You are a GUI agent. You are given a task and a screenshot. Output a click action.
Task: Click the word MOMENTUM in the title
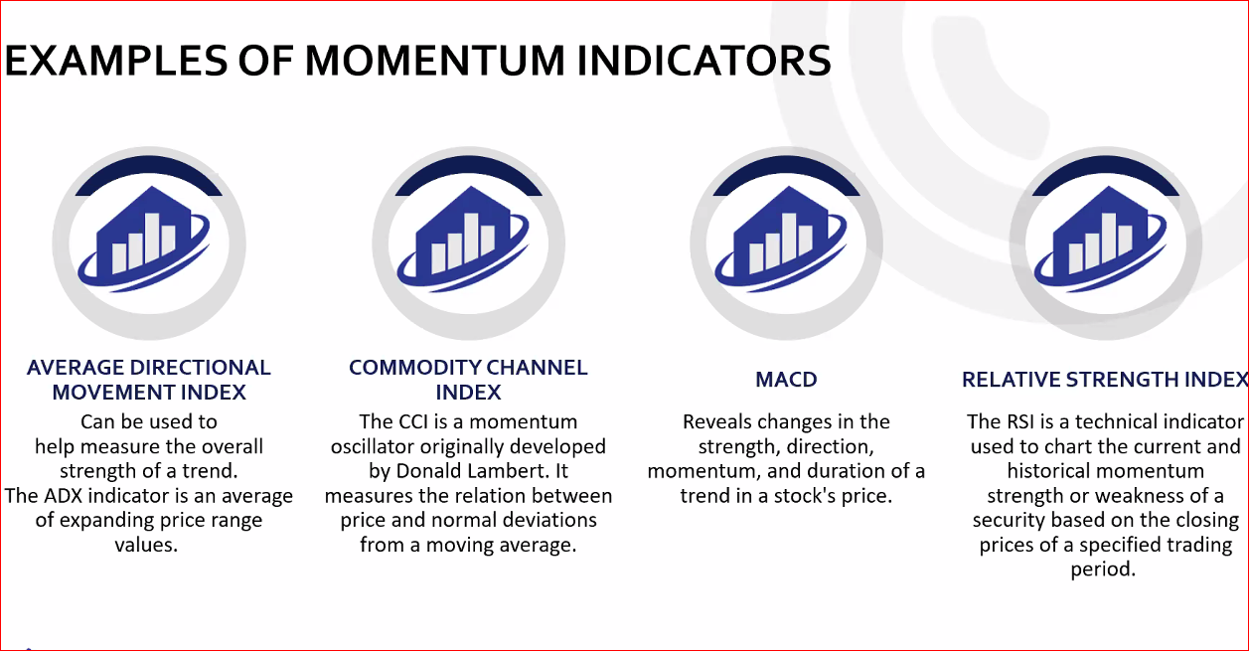pyautogui.click(x=435, y=61)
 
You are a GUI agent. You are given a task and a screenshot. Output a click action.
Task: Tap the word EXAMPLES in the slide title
pyautogui.click(x=116, y=61)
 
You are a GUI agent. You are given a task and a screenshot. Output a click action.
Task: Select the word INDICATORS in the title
pyautogui.click(x=703, y=61)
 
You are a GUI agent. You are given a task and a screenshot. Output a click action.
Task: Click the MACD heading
pyautogui.click(x=786, y=380)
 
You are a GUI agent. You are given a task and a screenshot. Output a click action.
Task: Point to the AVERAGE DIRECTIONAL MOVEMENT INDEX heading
pyautogui.click(x=149, y=380)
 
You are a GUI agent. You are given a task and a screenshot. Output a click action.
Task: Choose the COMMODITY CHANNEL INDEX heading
pyautogui.click(x=468, y=380)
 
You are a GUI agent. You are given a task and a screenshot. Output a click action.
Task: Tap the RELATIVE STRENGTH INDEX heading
pyautogui.click(x=1105, y=380)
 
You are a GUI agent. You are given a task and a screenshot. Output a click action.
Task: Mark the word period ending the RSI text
pyautogui.click(x=1103, y=570)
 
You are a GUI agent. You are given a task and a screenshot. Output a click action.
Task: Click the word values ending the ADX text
pyautogui.click(x=146, y=545)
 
